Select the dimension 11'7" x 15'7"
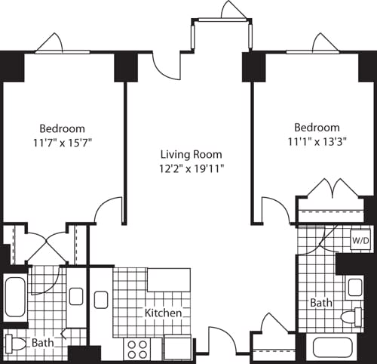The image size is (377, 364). (63, 141)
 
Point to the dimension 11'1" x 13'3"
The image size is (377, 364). (317, 140)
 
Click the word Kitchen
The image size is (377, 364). (164, 313)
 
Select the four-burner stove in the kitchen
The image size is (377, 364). (137, 348)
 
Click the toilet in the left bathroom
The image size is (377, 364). (17, 344)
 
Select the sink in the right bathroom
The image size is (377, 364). (354, 287)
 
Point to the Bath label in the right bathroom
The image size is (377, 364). (321, 303)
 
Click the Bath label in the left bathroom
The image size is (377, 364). (43, 343)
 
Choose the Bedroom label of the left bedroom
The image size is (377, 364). (63, 128)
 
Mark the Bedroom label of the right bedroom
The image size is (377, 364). (317, 128)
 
